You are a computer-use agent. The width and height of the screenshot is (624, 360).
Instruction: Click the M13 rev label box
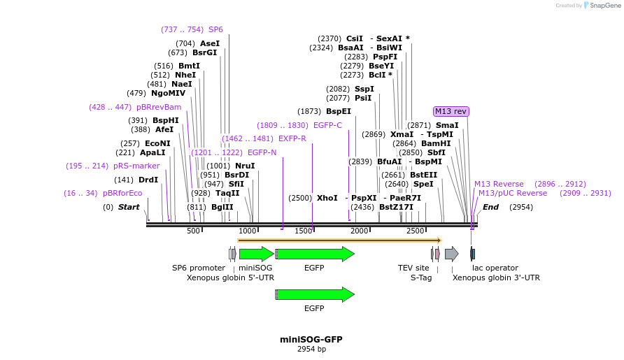(x=451, y=111)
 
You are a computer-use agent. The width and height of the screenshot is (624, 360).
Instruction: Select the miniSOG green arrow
(x=256, y=254)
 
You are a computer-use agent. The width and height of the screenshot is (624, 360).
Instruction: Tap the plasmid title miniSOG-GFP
(x=311, y=339)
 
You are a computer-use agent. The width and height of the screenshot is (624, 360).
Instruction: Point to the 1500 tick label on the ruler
(x=304, y=231)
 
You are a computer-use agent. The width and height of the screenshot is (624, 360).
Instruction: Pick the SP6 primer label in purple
(x=215, y=29)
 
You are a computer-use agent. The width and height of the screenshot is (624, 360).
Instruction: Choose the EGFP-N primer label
(x=262, y=152)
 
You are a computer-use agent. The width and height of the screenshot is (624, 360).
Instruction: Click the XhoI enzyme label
(x=327, y=198)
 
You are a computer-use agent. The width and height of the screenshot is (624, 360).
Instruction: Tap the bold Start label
(x=129, y=207)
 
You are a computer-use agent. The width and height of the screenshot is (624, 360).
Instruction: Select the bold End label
(x=490, y=207)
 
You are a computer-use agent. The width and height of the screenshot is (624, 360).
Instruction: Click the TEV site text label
(x=413, y=268)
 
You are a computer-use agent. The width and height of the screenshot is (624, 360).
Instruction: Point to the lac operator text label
(x=495, y=268)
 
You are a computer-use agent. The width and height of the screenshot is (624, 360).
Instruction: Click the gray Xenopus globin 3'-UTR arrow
(x=451, y=254)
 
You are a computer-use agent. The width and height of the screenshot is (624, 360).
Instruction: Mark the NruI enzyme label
(x=245, y=166)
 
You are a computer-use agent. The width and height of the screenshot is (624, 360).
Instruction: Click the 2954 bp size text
(x=311, y=348)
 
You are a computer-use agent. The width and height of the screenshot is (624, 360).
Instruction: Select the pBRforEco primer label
(x=122, y=193)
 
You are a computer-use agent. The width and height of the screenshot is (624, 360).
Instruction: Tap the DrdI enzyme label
(x=148, y=180)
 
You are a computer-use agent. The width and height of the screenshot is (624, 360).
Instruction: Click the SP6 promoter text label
(x=199, y=268)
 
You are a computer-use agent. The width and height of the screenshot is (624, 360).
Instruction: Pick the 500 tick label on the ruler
(x=193, y=231)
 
